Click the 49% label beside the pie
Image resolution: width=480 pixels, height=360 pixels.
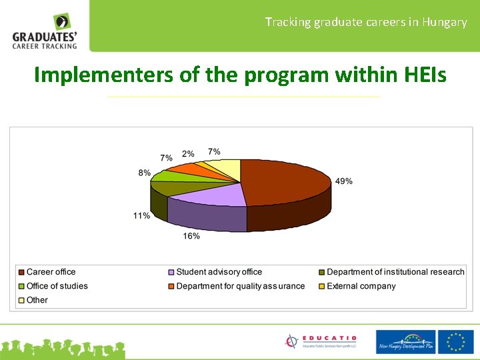(344, 181)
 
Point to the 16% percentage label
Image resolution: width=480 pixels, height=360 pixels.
(191, 236)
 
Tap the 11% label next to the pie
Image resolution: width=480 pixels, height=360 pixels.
(141, 216)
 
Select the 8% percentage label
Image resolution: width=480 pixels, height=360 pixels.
(144, 173)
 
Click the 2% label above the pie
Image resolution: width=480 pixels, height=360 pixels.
(188, 154)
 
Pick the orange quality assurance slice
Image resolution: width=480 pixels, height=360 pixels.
(187, 168)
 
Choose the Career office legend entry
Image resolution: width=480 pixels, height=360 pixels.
(51, 272)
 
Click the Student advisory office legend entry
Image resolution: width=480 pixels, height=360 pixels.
(219, 272)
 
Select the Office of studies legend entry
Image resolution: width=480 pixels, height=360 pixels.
(57, 286)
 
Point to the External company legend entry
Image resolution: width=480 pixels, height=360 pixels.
(361, 286)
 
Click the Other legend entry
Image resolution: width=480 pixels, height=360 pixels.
(37, 300)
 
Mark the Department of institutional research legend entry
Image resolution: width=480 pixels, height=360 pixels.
(395, 272)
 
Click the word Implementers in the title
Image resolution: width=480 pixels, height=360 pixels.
(103, 75)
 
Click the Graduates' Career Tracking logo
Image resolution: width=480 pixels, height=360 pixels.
(45, 31)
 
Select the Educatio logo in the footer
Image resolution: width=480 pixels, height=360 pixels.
(321, 341)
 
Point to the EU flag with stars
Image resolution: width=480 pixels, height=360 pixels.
(457, 341)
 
